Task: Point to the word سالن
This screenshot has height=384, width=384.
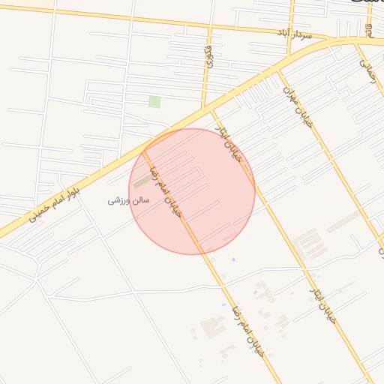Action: (x=140, y=200)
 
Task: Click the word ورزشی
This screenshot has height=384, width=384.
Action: (x=118, y=201)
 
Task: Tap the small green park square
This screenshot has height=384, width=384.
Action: (x=154, y=102)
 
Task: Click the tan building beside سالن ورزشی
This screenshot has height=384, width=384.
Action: (x=141, y=181)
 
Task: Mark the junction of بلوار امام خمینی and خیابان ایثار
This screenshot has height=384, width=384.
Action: (x=212, y=110)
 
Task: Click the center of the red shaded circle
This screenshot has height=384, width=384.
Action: (x=192, y=191)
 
